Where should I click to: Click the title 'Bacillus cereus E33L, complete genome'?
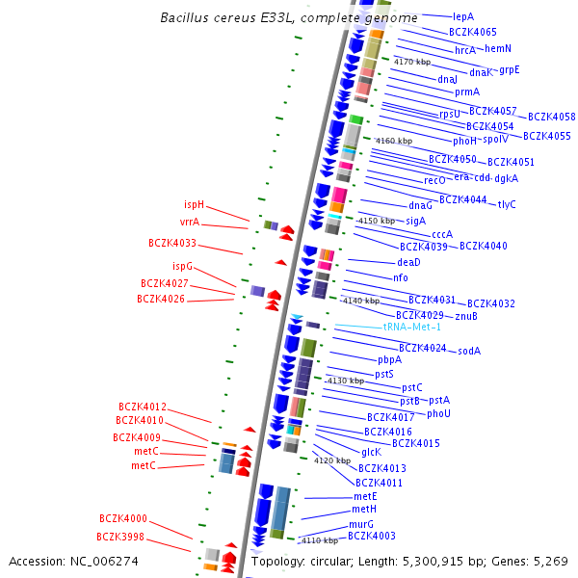(289, 18)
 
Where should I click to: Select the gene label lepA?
(463, 16)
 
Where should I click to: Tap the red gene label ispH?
(194, 204)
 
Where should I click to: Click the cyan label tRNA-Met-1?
(412, 328)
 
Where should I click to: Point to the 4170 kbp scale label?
(412, 62)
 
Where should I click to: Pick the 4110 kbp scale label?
(319, 540)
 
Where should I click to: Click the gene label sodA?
(469, 351)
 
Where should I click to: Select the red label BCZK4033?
(172, 244)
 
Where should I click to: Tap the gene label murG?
(361, 525)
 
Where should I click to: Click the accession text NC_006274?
(73, 561)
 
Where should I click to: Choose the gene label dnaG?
(420, 205)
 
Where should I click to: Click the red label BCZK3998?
(120, 537)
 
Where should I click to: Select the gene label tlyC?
(507, 204)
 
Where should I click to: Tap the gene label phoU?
(438, 413)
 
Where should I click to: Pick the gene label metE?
(365, 496)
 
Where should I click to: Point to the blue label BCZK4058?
(551, 117)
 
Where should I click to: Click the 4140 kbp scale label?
(361, 301)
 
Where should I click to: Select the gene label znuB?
(466, 316)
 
